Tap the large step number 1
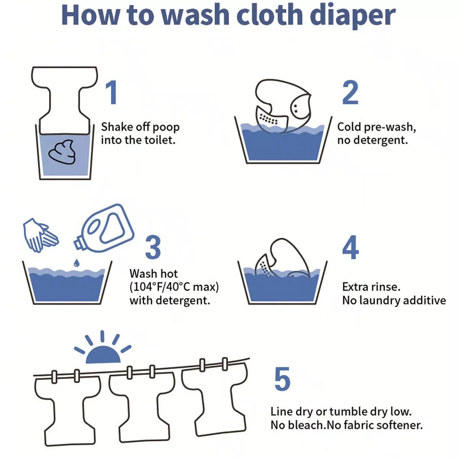pyautogui.click(x=111, y=93)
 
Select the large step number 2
pyautogui.click(x=350, y=93)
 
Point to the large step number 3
pyautogui.click(x=153, y=247)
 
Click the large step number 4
pyautogui.click(x=350, y=247)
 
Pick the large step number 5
pyautogui.click(x=283, y=379)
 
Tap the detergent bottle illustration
pyautogui.click(x=104, y=228)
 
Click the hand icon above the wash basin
pyautogui.click(x=40, y=235)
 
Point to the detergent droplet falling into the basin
pyautogui.click(x=76, y=263)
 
